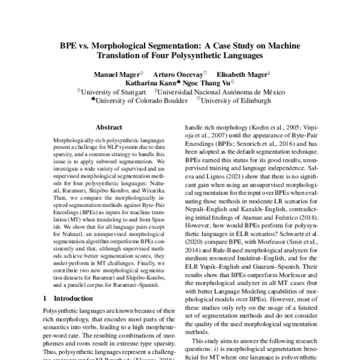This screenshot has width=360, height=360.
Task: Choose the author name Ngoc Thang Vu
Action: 203,83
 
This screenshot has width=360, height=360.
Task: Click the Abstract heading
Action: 109,128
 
